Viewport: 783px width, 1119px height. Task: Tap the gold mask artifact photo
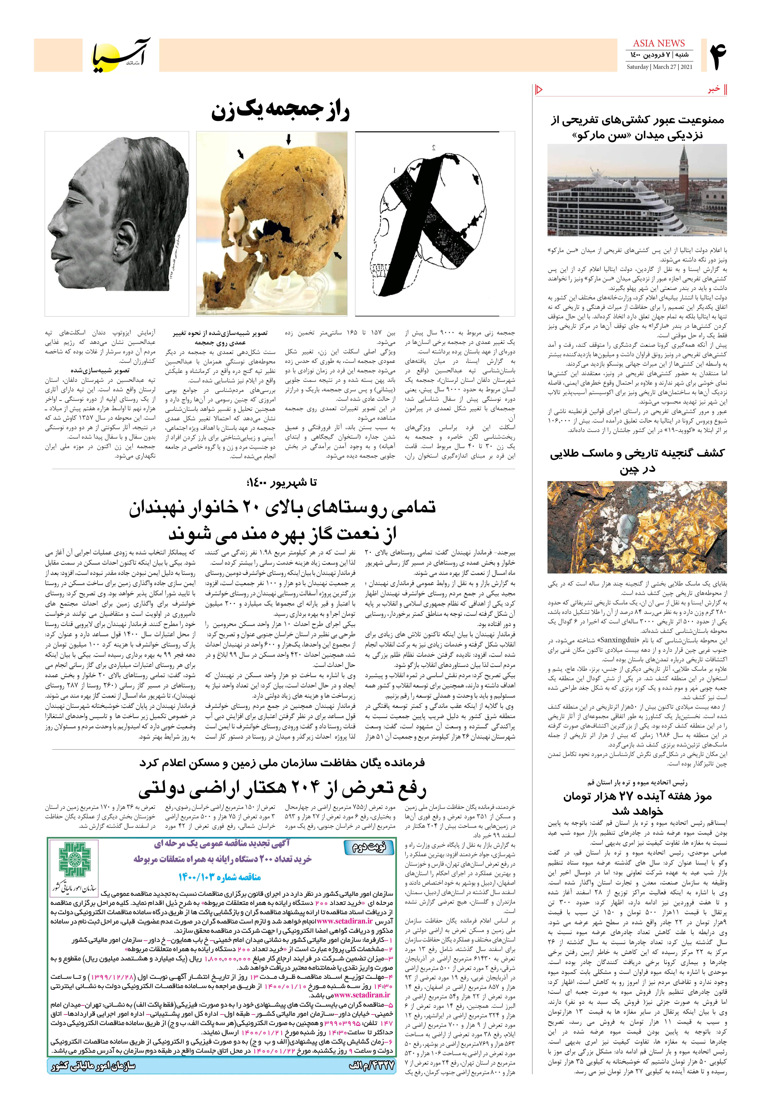pyautogui.click(x=637, y=526)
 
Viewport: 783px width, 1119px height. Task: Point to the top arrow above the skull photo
pyautogui.click(x=288, y=140)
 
